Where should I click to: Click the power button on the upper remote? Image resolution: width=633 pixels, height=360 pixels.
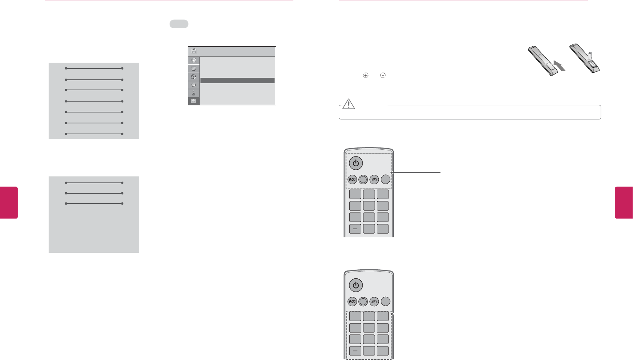pos(355,163)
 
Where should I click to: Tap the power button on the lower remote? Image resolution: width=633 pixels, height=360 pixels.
pos(355,285)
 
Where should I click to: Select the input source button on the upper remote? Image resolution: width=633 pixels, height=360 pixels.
pos(374,179)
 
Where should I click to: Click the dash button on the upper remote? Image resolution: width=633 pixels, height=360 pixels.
pos(355,229)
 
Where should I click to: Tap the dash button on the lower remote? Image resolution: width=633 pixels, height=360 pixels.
pos(355,351)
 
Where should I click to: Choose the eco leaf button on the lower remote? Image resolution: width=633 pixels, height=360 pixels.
pos(352,301)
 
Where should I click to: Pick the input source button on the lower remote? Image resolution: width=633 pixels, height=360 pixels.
pos(374,301)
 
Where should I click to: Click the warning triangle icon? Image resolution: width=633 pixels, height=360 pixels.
pos(349,104)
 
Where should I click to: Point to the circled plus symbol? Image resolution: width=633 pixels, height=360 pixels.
pos(366,75)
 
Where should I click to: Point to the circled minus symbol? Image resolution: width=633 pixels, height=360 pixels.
pos(383,75)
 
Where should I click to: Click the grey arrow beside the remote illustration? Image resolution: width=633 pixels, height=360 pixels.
pos(560,67)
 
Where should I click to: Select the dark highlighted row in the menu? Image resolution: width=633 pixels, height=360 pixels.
pos(237,81)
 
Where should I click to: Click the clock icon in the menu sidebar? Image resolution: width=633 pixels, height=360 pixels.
pos(194,85)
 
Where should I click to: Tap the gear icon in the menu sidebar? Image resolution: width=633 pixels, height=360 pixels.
pos(194,77)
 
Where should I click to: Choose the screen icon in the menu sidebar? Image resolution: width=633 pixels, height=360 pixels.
pos(194,69)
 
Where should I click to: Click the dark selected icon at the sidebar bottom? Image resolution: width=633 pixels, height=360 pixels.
pos(194,101)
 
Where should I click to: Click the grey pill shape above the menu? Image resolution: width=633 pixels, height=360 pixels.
pos(179,24)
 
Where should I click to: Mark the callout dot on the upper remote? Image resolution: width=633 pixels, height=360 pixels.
pos(392,173)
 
